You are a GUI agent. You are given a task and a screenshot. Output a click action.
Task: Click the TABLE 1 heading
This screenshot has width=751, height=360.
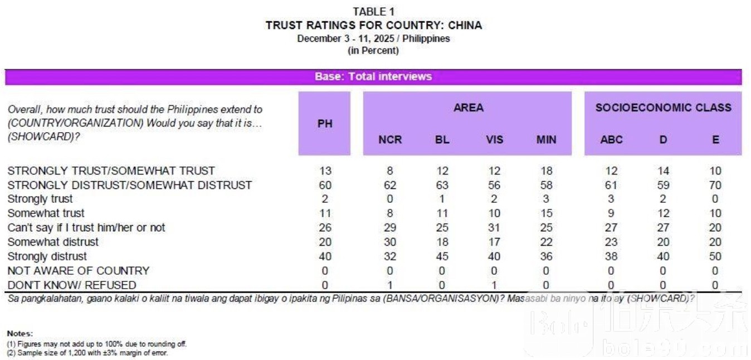373,12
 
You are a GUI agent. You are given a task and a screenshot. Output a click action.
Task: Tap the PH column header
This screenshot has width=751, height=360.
325,124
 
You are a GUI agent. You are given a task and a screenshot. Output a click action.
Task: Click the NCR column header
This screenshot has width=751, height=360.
390,139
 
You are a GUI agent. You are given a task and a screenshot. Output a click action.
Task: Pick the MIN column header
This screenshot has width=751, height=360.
546,139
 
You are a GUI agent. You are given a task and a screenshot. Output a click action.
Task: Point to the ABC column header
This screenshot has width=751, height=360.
611,139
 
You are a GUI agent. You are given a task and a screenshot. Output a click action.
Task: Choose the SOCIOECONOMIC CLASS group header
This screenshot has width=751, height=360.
663,108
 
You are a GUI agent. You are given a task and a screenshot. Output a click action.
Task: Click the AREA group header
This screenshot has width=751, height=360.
468,108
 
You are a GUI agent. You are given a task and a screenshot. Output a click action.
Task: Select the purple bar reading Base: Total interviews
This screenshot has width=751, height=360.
373,77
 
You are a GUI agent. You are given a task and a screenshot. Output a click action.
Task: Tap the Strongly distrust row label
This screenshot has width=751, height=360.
47,256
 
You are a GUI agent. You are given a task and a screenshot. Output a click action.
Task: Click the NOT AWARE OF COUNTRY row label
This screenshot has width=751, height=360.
79,271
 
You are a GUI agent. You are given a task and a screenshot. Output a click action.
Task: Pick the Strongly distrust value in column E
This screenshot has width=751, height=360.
715,256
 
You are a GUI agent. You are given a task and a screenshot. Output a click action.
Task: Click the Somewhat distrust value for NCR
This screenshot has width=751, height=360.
390,242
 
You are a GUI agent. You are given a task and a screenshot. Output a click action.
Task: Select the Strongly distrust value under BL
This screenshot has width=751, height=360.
442,256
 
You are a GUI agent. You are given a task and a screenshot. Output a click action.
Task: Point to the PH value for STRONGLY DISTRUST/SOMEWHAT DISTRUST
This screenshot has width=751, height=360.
325,184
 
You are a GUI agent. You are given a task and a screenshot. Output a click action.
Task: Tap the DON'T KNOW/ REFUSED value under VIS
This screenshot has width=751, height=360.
494,285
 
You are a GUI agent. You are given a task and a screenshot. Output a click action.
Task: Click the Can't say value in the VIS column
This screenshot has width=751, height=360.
494,227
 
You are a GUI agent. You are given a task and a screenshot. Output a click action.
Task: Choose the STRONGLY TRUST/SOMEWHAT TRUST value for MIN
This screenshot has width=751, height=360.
546,171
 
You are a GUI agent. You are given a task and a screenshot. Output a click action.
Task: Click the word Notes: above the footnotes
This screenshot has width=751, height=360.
20,333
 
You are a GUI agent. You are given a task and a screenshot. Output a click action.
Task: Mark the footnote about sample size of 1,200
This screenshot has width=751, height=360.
87,353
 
